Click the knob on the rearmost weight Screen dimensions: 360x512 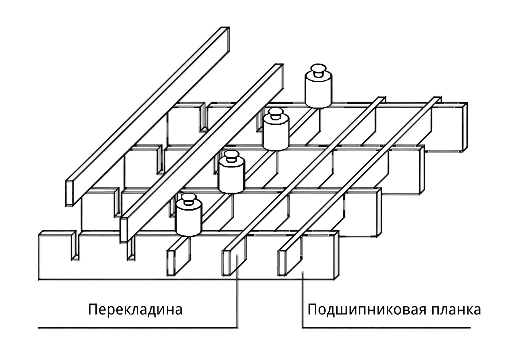point(318,69)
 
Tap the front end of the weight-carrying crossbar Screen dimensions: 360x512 point(171,260)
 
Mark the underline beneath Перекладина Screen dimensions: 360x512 point(137,328)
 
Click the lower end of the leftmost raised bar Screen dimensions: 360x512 point(71,192)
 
